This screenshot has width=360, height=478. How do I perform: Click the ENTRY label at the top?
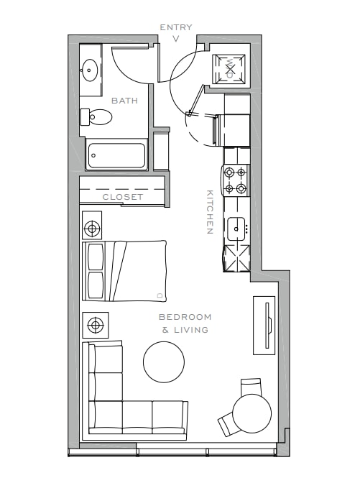point(176,27)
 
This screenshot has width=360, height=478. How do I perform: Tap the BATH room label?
point(125,101)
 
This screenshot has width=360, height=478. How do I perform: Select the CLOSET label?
point(123,197)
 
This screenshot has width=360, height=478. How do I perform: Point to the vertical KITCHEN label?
point(210,212)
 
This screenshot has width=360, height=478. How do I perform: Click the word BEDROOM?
point(185,317)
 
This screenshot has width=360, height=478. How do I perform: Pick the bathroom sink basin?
point(89,70)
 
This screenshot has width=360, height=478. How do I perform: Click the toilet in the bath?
point(96,116)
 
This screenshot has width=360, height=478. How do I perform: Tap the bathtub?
point(116,155)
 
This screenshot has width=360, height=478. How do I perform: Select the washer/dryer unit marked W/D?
point(229,69)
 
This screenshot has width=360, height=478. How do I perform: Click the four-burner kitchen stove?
point(235,180)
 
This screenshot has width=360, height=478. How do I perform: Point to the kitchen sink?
point(236,229)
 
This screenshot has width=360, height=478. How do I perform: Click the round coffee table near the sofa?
point(164,362)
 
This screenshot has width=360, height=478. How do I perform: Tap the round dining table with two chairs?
point(251,413)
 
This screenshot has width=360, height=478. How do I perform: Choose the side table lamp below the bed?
point(96,325)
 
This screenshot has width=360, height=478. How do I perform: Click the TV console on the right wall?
point(264,326)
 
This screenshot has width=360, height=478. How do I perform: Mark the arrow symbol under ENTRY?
point(175,39)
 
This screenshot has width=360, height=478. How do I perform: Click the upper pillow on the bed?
point(95,257)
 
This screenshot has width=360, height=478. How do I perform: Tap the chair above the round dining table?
point(251,387)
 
